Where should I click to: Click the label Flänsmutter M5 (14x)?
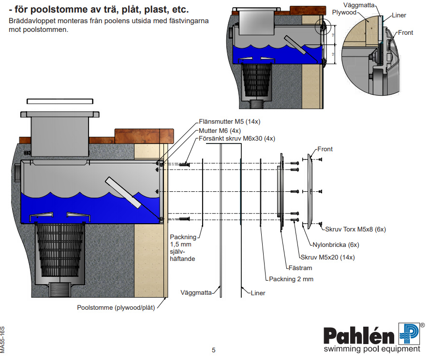click(230, 122)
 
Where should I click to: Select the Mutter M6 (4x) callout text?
click(220, 130)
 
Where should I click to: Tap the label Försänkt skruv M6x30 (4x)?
click(237, 139)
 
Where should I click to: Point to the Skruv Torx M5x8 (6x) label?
click(355, 230)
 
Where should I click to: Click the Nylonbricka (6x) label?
click(336, 245)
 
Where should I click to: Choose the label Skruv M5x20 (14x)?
click(328, 257)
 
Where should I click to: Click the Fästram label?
click(300, 268)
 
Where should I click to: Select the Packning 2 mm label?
click(291, 279)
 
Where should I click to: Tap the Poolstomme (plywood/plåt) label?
click(116, 307)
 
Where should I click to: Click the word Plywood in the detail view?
click(344, 13)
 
